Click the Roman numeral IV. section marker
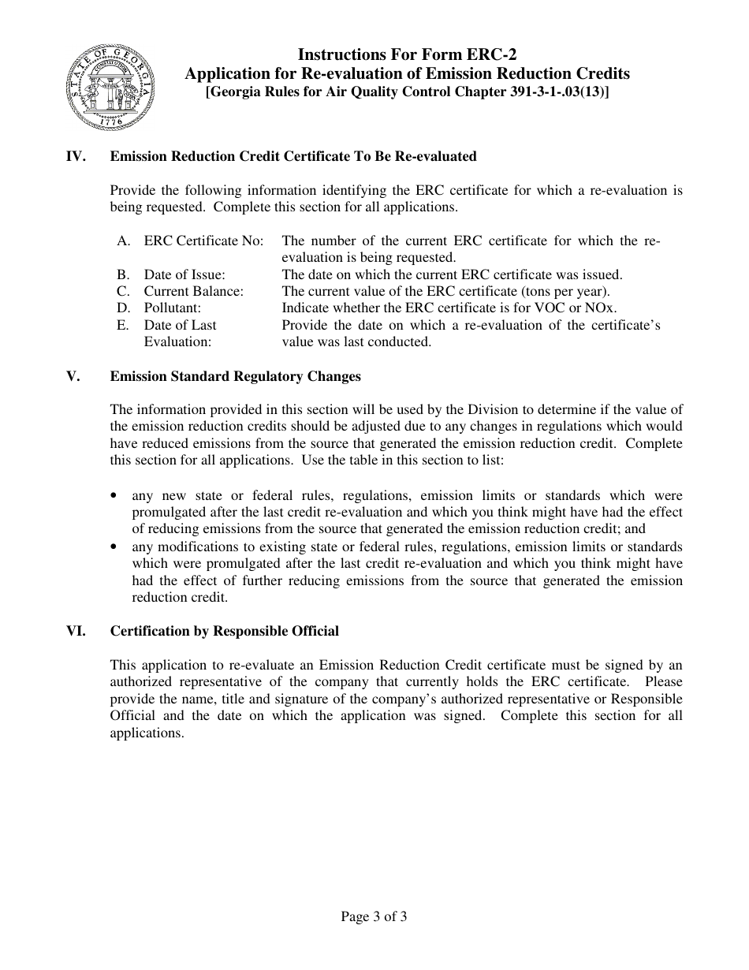(x=75, y=156)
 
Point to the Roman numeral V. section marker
(x=73, y=376)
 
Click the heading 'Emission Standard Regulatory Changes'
(x=235, y=376)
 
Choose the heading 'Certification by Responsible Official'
(x=225, y=631)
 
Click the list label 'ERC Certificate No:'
(x=203, y=241)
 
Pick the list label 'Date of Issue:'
(x=184, y=274)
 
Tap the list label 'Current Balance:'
(x=193, y=291)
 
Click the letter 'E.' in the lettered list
(x=123, y=325)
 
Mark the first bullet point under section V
(x=115, y=496)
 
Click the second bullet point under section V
(x=115, y=547)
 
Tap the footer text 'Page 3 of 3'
(x=374, y=916)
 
